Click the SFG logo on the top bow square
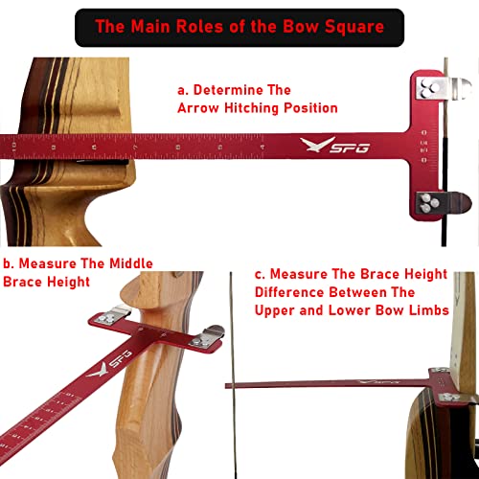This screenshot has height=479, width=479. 323,146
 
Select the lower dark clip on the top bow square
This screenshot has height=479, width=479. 438,202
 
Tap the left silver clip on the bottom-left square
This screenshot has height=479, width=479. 114,315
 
